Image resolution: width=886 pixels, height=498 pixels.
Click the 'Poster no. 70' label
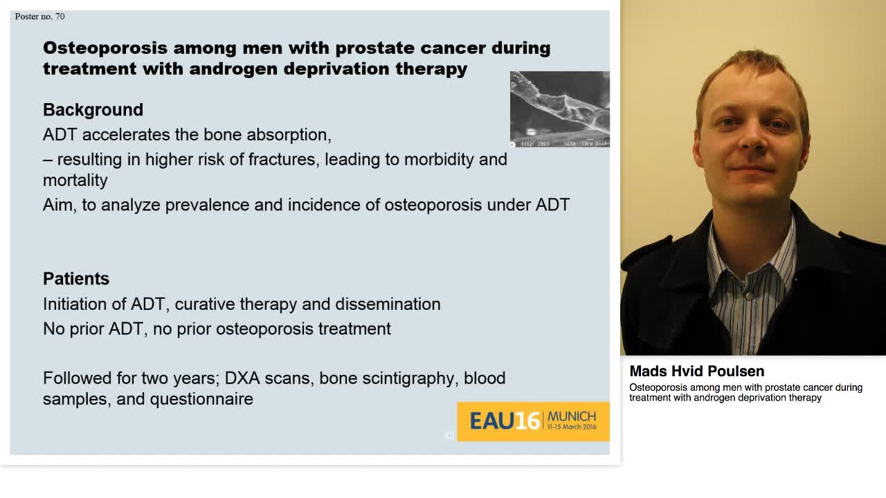(39, 16)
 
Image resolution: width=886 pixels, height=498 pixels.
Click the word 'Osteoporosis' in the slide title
(105, 48)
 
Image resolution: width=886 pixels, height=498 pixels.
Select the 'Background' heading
(93, 110)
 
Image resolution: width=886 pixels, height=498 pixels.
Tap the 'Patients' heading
(76, 279)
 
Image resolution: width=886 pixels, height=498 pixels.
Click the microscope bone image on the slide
(559, 109)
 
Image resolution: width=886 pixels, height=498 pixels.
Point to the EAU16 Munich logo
(533, 421)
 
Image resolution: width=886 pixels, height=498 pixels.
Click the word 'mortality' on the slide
(75, 181)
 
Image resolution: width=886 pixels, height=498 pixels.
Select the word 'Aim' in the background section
(59, 205)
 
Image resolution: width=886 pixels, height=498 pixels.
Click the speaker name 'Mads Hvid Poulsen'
(696, 371)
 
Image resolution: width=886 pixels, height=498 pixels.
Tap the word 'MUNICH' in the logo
(571, 416)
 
